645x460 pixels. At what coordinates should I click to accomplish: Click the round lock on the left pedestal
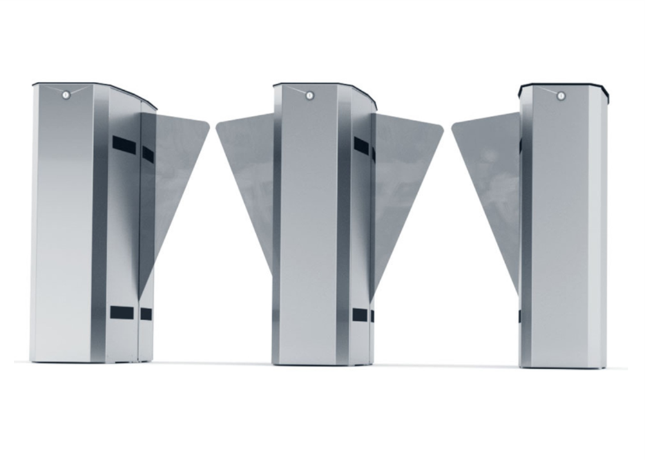[66, 95]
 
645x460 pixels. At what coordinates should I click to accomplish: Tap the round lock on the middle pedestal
[309, 95]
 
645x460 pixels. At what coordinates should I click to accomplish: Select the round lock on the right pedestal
[561, 95]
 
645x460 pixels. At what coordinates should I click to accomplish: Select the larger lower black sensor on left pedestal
[121, 312]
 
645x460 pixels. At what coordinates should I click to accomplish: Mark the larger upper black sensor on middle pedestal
[361, 146]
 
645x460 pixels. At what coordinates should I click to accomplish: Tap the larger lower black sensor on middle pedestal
[360, 314]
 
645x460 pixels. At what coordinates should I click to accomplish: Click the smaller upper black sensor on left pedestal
[148, 154]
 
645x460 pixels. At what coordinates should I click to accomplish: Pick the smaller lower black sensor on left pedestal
[146, 314]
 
